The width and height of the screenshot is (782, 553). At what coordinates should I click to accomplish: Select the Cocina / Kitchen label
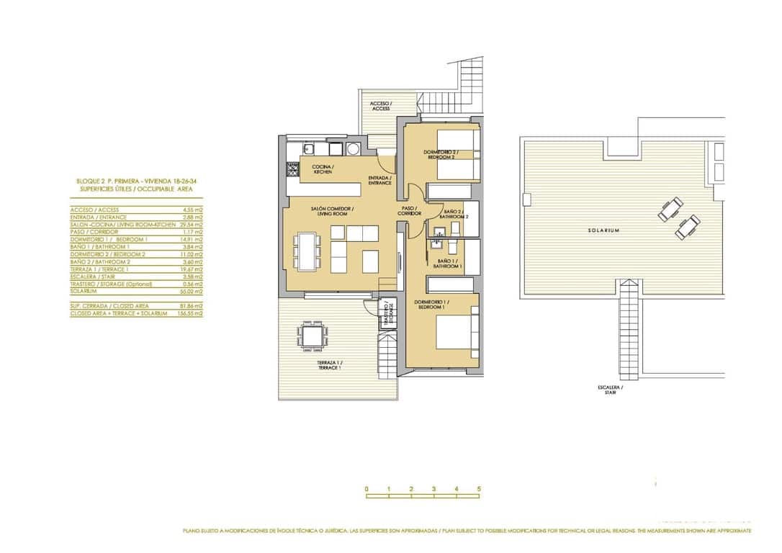pos(322,170)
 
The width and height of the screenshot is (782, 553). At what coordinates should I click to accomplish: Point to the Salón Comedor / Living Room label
pos(329,211)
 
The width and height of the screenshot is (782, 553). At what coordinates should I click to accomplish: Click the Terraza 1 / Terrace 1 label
pos(329,365)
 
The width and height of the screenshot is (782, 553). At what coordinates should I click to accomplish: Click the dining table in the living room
pos(307,250)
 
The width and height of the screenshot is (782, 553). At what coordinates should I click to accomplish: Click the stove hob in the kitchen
pos(292,171)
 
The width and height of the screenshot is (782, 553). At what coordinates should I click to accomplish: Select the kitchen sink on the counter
pos(308,149)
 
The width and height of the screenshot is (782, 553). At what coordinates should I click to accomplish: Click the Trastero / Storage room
pos(387,314)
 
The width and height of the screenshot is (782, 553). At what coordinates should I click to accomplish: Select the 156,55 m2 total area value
pos(192,314)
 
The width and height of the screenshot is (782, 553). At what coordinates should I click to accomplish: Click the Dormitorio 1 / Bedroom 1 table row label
pos(109,239)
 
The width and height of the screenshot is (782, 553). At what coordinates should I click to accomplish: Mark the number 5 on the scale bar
pos(479,489)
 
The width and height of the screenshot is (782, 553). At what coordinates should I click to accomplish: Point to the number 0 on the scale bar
pos(367,489)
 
